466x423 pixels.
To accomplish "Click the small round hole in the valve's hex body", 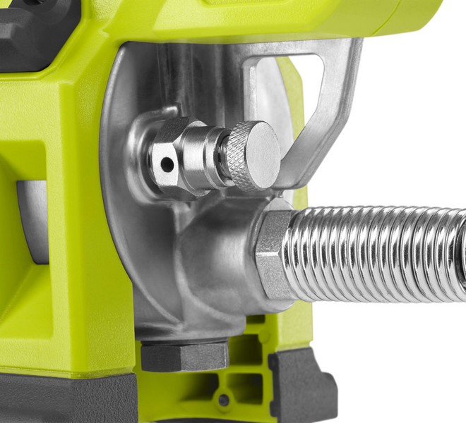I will [x=167, y=164].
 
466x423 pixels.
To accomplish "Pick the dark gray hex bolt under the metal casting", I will [x=184, y=355].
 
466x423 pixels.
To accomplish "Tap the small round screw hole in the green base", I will [x=224, y=400].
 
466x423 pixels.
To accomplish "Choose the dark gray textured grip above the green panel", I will [x=32, y=28].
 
